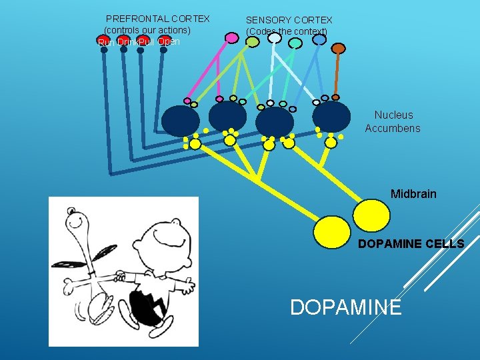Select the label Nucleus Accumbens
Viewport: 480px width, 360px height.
point(393,121)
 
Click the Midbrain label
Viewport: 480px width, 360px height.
point(413,194)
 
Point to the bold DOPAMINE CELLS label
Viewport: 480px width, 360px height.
point(411,244)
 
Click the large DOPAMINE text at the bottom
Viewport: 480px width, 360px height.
point(346,307)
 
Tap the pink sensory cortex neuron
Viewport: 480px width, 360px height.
point(231,38)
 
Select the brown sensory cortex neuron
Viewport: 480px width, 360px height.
point(339,48)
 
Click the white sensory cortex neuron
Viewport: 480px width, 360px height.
point(274,39)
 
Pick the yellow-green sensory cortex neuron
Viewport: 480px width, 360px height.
point(253,42)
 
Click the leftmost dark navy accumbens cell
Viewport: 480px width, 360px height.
point(181,121)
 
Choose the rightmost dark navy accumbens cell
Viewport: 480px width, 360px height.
point(331,116)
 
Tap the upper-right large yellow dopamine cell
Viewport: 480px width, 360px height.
point(371,215)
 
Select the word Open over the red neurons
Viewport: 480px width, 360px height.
point(168,42)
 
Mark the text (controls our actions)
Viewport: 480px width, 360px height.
point(147,31)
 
